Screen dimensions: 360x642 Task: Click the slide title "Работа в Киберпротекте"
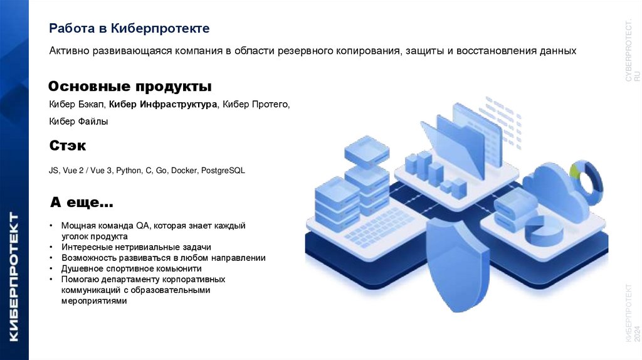tap(129, 29)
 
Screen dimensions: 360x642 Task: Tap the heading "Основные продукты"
tap(130, 86)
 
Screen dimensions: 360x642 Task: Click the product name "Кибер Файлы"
tap(78, 122)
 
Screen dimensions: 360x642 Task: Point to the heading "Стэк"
tap(67, 146)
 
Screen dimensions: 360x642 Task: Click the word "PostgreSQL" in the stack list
tap(223, 170)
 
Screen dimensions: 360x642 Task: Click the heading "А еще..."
tap(82, 203)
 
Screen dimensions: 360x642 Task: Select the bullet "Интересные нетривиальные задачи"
tap(136, 247)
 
